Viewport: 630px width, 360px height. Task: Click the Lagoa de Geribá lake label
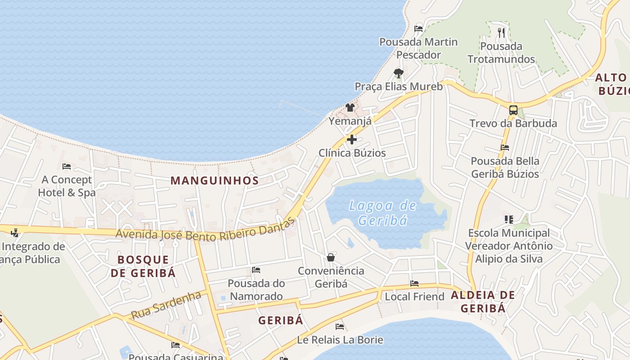[x=382, y=213]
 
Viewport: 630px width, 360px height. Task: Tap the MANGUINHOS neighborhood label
[x=215, y=181]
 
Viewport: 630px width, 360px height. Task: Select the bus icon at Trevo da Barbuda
[x=513, y=110]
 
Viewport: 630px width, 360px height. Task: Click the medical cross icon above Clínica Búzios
[x=352, y=139]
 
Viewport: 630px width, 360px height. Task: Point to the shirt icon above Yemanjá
[x=350, y=108]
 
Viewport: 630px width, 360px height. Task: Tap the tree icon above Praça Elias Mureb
[x=398, y=73]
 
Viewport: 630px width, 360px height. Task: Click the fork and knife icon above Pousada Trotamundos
[x=501, y=32]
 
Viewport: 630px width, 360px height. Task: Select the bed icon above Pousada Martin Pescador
[x=418, y=29]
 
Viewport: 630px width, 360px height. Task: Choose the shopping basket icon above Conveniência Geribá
[x=331, y=257]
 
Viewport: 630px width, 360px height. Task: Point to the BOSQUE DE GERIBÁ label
[x=143, y=266]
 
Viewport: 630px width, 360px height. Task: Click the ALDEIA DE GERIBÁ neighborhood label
[x=482, y=301]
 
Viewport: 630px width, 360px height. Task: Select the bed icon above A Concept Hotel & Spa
[x=67, y=166]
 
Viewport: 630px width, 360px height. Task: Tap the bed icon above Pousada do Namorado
[x=256, y=270]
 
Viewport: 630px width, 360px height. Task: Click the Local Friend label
[x=414, y=297]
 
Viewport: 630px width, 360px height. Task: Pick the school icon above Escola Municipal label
[x=509, y=220]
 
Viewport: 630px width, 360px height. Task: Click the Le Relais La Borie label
[x=340, y=340]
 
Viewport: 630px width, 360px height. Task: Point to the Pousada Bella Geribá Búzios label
[x=505, y=167]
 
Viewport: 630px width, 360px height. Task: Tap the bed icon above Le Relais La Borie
[x=340, y=327]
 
